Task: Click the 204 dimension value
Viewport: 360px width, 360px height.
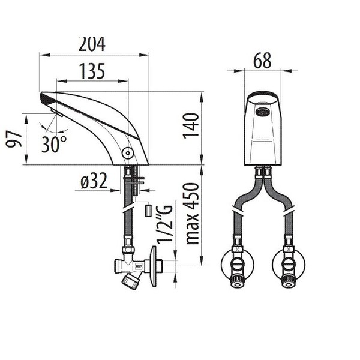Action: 92,44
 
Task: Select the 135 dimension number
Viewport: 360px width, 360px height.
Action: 92,71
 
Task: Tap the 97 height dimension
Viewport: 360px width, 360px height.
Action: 14,139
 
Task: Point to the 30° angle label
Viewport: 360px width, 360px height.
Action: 54,144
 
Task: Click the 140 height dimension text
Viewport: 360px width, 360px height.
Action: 191,126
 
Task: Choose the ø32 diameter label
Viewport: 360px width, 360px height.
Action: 94,181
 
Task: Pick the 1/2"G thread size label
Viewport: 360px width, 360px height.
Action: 164,224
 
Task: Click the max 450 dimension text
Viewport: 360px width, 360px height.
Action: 192,214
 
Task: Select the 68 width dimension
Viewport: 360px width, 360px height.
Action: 262,61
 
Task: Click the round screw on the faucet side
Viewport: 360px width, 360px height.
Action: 128,153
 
